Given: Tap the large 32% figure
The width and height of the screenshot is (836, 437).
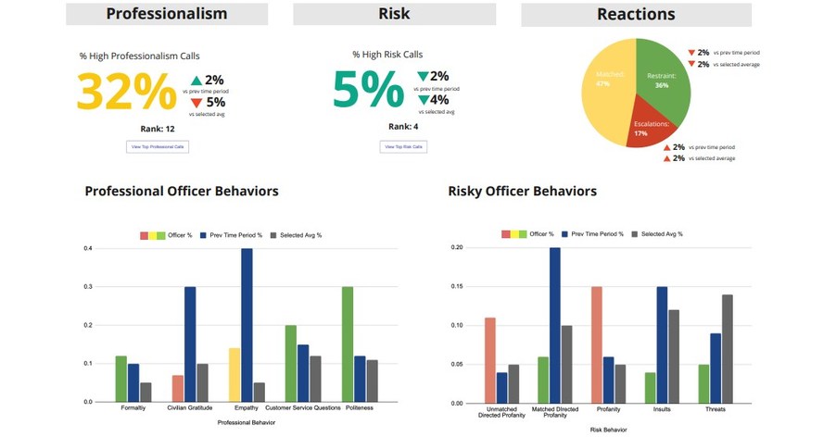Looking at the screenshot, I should [126, 92].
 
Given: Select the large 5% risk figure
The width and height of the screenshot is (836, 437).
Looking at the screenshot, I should [368, 91].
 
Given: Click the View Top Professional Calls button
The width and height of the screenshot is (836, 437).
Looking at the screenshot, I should [158, 146].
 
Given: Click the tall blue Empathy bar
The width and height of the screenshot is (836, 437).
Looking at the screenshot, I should [247, 324].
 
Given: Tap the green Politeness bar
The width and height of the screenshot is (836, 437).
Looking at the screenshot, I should [348, 343].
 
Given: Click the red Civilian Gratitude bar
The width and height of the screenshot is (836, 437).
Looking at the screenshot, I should [178, 388].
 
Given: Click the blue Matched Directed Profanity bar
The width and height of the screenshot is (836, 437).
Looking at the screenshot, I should [554, 325].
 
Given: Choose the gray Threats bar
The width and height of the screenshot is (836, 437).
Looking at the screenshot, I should [726, 348].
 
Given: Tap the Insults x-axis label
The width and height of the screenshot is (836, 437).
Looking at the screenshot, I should [662, 409].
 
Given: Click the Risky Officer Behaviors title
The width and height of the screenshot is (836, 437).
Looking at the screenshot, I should [522, 192].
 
